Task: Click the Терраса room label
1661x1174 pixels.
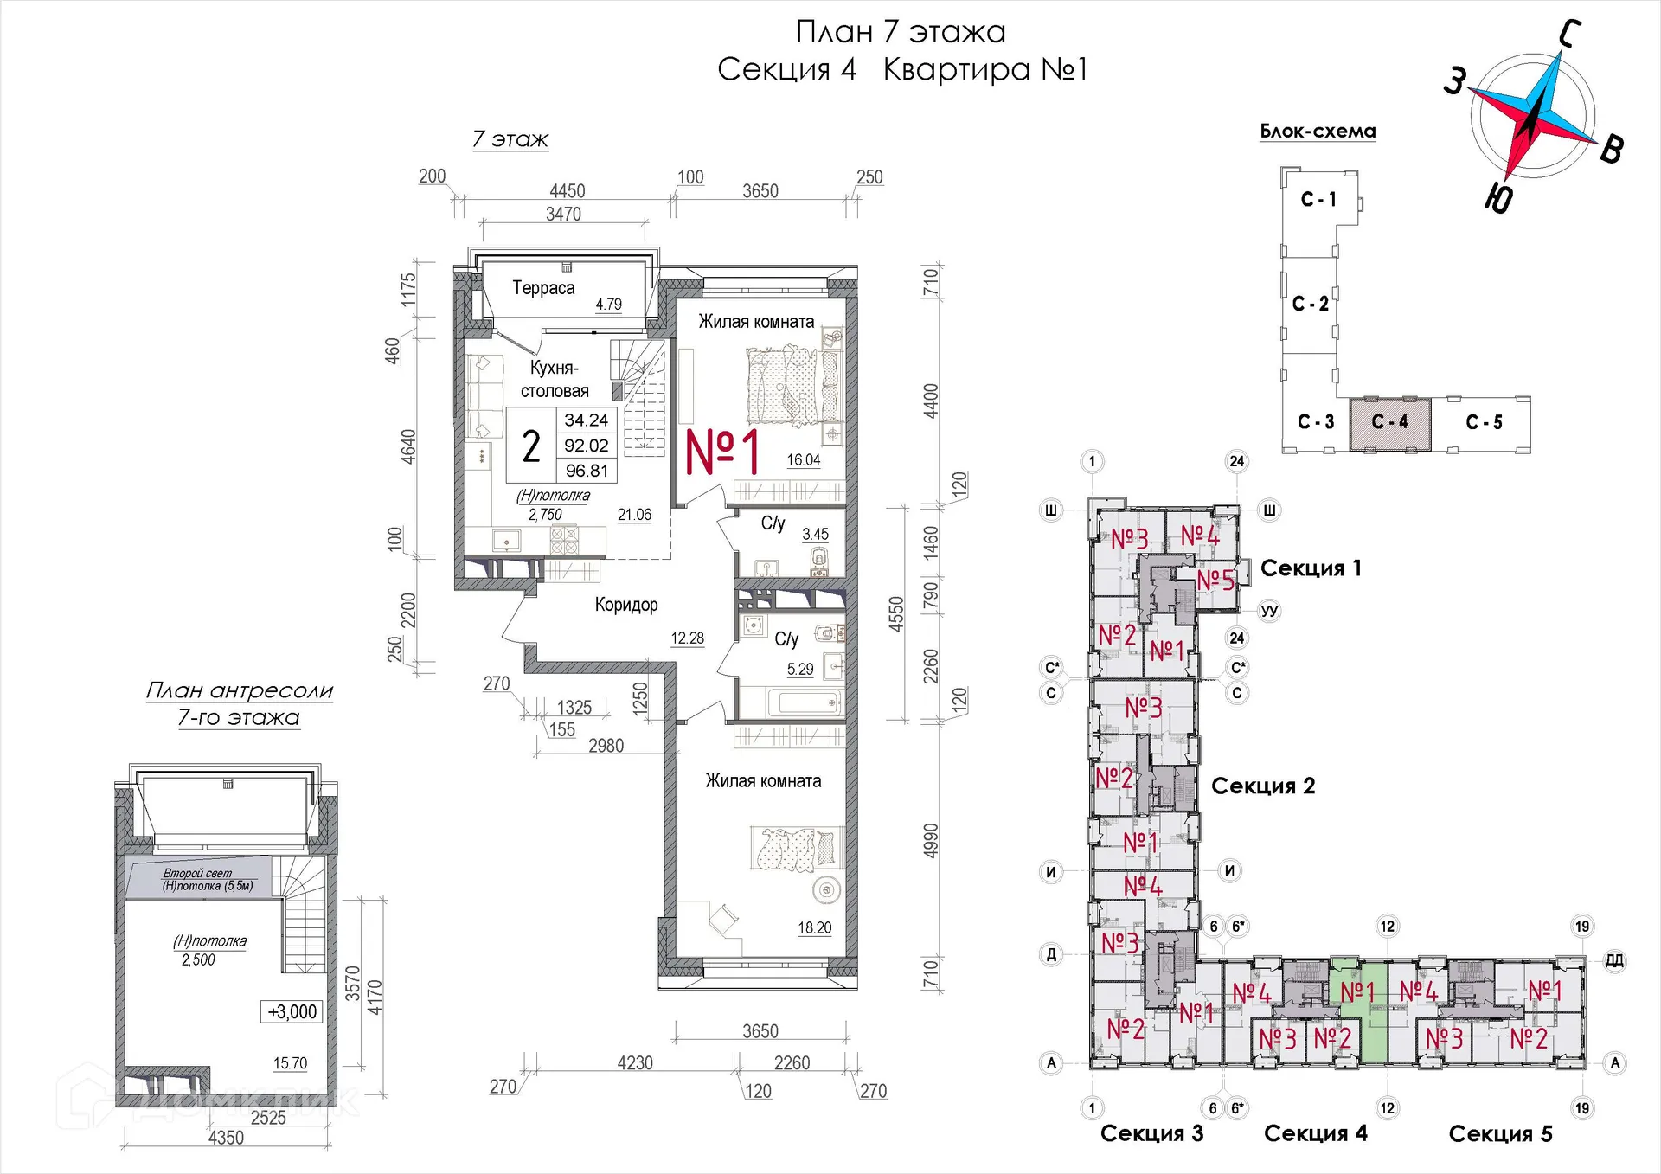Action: [x=543, y=288]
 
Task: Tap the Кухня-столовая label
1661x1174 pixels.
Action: [x=555, y=379]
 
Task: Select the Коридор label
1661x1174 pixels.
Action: [x=626, y=605]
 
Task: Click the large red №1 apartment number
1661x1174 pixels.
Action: [x=723, y=452]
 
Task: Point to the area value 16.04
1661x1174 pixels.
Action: [x=804, y=460]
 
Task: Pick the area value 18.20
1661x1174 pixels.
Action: [x=815, y=927]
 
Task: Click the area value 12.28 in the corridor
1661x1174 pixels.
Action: [x=688, y=638]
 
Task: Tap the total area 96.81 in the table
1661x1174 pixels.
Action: [x=587, y=471]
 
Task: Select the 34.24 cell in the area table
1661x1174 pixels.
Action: [x=587, y=420]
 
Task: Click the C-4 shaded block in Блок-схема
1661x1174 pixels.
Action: [x=1390, y=423]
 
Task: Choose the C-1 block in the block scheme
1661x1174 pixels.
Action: [x=1319, y=200]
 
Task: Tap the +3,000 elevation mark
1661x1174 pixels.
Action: [x=292, y=1012]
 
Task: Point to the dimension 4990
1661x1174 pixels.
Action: [x=930, y=841]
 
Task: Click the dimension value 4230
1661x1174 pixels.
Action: [x=635, y=1063]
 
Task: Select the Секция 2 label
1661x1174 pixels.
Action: [x=1263, y=786]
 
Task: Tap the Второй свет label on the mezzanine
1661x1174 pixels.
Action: [x=197, y=874]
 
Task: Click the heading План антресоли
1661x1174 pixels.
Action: [x=240, y=690]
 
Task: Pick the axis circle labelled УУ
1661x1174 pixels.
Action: [x=1269, y=611]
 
